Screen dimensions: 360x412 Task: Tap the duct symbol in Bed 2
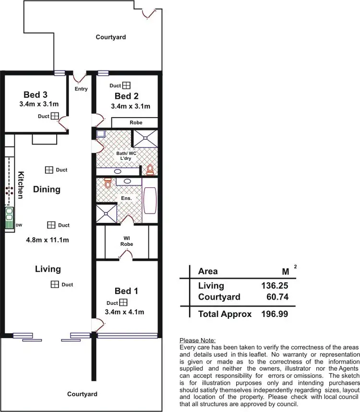pos(126,85)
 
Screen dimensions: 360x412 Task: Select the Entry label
pos(81,89)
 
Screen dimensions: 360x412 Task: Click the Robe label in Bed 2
pos(136,123)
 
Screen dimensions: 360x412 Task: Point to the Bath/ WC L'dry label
pos(127,156)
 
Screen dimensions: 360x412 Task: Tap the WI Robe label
pos(127,241)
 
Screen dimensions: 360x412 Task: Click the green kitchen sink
pos(9,218)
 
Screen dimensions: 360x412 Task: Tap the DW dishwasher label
pos(19,224)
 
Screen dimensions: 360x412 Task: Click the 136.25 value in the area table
pos(275,286)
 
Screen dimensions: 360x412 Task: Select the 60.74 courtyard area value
pos(277,297)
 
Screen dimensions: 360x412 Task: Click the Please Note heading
pos(197,340)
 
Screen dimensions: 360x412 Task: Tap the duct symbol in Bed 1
pos(123,303)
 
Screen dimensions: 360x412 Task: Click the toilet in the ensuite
pos(108,183)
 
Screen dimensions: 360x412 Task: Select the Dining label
pos(47,189)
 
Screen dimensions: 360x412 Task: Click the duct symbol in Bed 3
pos(55,116)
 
